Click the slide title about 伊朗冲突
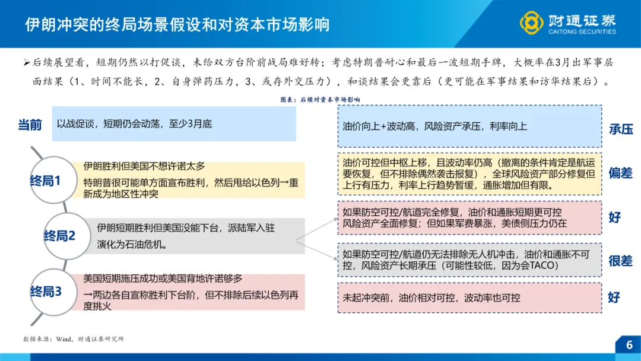177,24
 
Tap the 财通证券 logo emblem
531,23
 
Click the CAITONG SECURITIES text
582,32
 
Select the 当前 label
30,125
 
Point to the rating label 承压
621,129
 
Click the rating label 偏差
621,174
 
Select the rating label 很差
621,261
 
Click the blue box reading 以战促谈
174,124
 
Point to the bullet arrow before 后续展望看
26,62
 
